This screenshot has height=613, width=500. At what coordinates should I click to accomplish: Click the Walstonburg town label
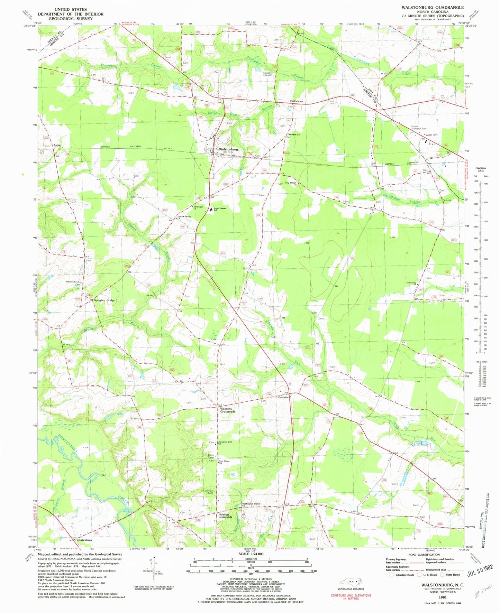click(228, 149)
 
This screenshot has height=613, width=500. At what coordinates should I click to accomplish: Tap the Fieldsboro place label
click(297, 101)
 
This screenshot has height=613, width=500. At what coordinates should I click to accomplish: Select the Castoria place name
click(283, 398)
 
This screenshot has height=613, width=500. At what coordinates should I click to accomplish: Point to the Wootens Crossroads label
click(228, 410)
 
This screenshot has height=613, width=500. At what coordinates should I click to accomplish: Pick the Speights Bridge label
click(104, 300)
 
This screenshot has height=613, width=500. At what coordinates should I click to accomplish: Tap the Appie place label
click(57, 145)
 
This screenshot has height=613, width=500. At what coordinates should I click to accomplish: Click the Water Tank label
click(431, 135)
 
